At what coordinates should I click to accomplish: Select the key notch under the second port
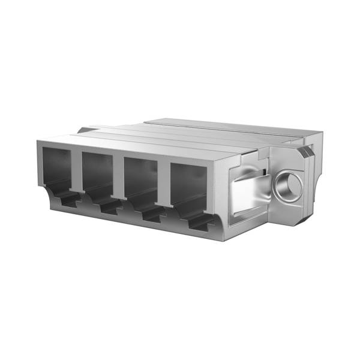tap(108, 207)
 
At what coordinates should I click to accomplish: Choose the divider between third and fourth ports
tap(163, 184)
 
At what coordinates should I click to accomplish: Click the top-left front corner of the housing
tap(38, 142)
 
